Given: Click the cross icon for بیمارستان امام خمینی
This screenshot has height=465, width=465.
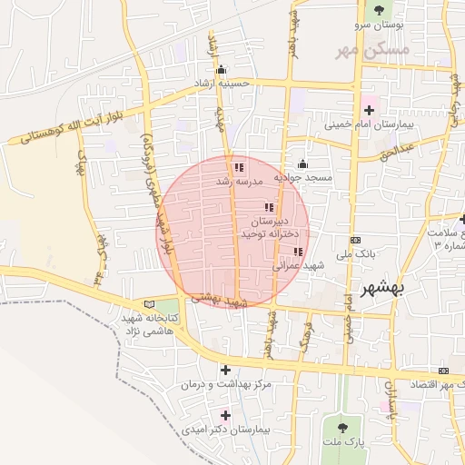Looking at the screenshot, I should tap(368, 109).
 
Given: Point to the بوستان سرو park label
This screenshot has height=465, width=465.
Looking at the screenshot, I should tap(376, 24).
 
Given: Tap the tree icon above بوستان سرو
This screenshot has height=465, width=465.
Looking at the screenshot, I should tap(378, 10).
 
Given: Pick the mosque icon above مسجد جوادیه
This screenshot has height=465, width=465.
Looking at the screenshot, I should tap(302, 163).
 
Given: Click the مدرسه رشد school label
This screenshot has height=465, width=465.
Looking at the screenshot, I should tap(238, 181).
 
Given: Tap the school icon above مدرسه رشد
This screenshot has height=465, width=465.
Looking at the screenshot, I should tap(238, 168).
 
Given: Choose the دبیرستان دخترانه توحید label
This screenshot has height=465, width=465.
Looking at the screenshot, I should tap(270, 227).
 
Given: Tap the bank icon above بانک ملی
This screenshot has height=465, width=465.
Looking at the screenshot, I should tap(354, 239).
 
